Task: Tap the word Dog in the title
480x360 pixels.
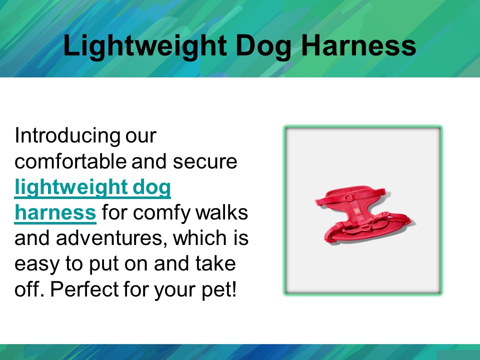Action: [x=262, y=46]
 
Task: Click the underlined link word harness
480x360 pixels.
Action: [x=55, y=213]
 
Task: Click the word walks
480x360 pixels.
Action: [x=224, y=213]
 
